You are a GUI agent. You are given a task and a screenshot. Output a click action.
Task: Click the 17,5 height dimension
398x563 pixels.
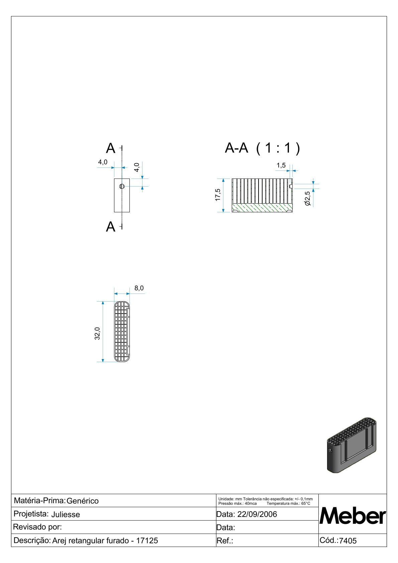218,195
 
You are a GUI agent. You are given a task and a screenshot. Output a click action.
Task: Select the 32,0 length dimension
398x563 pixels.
97,333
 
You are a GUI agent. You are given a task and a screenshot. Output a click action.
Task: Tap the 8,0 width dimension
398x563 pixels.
139,288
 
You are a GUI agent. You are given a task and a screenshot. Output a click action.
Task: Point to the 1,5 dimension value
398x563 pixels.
281,165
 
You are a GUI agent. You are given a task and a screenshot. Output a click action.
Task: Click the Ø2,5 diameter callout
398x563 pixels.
307,198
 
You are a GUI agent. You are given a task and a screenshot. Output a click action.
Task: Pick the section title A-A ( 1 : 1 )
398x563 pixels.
263,148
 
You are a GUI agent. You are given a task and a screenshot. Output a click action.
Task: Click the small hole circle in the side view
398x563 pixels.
122,187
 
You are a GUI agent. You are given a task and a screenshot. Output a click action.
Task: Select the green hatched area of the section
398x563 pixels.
262,208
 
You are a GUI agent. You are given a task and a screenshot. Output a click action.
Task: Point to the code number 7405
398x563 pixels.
348,541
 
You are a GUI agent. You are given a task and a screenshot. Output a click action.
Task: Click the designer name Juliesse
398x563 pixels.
66,515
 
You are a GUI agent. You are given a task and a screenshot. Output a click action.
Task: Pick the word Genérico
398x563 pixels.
83,501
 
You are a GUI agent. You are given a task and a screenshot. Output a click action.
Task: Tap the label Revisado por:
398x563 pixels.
37,527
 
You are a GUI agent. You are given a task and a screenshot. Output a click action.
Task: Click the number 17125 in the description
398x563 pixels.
147,541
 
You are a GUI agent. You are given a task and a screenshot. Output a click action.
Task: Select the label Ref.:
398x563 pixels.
225,541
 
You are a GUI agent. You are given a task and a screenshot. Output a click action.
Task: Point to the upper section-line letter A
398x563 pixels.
110,148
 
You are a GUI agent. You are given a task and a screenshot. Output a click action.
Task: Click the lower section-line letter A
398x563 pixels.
110,227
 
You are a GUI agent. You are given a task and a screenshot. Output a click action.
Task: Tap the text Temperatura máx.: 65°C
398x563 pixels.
288,503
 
